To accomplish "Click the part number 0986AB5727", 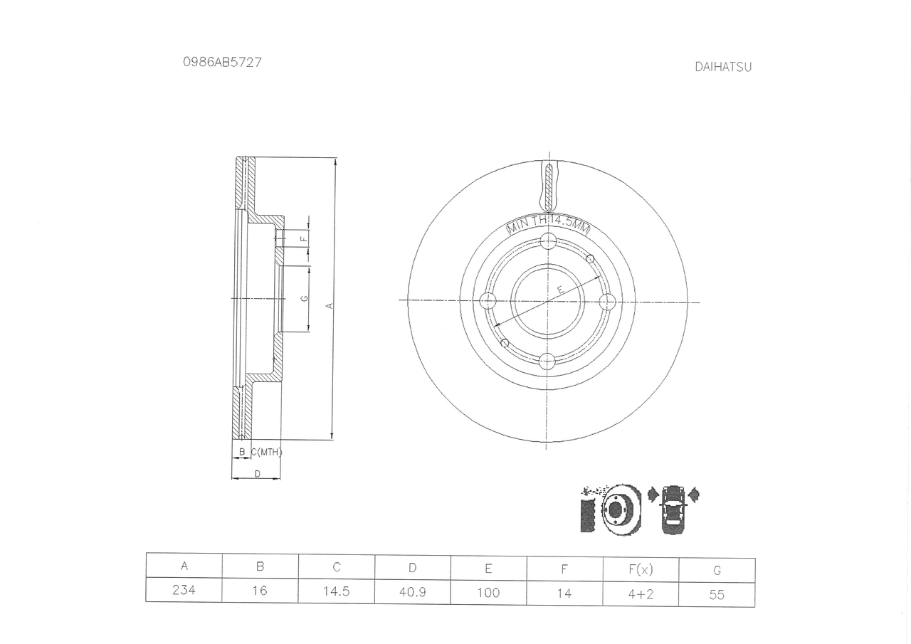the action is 222,62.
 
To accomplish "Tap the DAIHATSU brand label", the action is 722,67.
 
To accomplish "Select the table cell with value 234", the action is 184,589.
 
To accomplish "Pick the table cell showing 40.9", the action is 412,592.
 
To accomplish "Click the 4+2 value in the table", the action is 641,594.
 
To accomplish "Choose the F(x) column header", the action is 641,569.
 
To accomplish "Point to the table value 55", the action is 717,595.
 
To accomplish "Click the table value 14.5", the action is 337,591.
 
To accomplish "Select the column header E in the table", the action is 488,568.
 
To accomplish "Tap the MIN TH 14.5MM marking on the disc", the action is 548,224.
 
